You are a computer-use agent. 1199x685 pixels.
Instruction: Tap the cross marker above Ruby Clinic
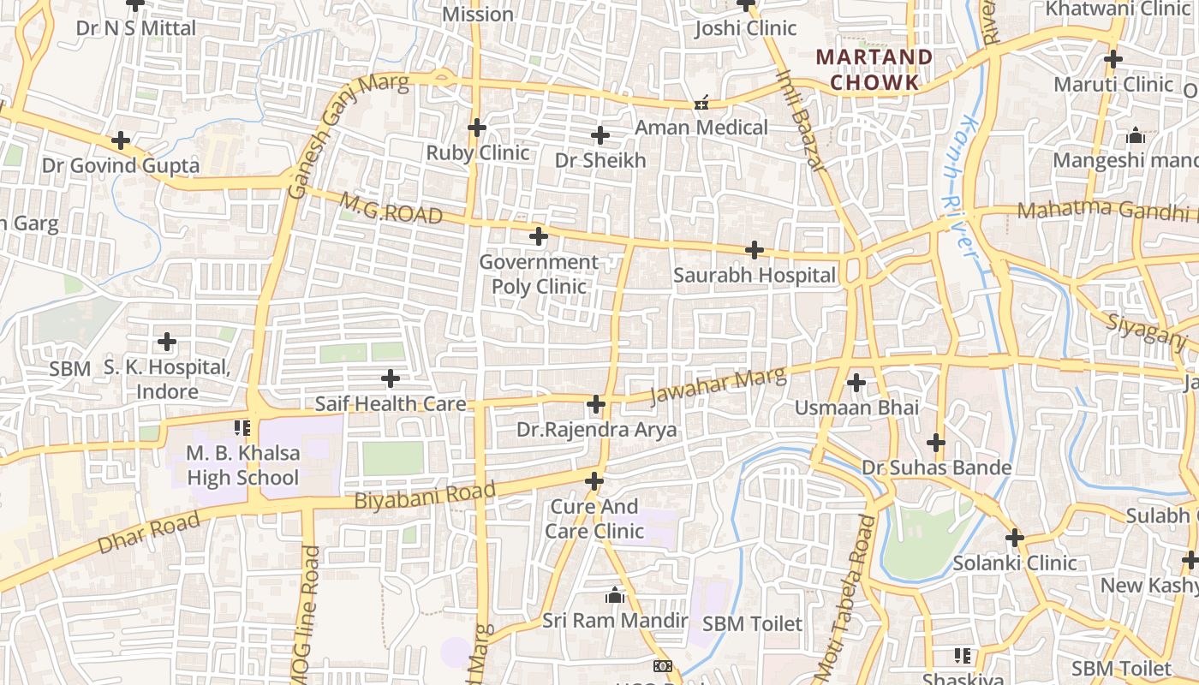pyautogui.click(x=477, y=128)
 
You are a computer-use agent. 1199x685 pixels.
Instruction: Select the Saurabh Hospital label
pyautogui.click(x=754, y=276)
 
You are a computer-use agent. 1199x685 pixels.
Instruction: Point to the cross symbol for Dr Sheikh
pyautogui.click(x=600, y=135)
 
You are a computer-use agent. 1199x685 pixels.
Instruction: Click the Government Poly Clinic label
pyautogui.click(x=539, y=274)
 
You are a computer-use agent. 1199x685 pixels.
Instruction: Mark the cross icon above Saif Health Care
pyautogui.click(x=391, y=378)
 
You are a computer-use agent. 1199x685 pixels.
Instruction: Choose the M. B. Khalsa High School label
pyautogui.click(x=243, y=465)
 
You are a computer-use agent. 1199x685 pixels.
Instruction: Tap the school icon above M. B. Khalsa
pyautogui.click(x=242, y=426)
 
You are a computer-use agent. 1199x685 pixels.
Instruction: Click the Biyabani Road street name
pyautogui.click(x=425, y=497)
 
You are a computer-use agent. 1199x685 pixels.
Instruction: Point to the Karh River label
pyautogui.click(x=958, y=185)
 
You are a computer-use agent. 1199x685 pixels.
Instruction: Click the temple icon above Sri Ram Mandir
pyautogui.click(x=614, y=595)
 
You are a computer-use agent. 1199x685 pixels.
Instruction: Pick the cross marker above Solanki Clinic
pyautogui.click(x=1015, y=538)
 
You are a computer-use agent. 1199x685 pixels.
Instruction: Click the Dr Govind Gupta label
pyautogui.click(x=121, y=165)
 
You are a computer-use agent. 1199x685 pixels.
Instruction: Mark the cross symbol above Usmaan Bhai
pyautogui.click(x=856, y=382)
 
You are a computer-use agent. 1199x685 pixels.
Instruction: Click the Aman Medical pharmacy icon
pyautogui.click(x=701, y=104)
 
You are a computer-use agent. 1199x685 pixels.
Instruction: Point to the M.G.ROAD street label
pyautogui.click(x=391, y=209)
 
